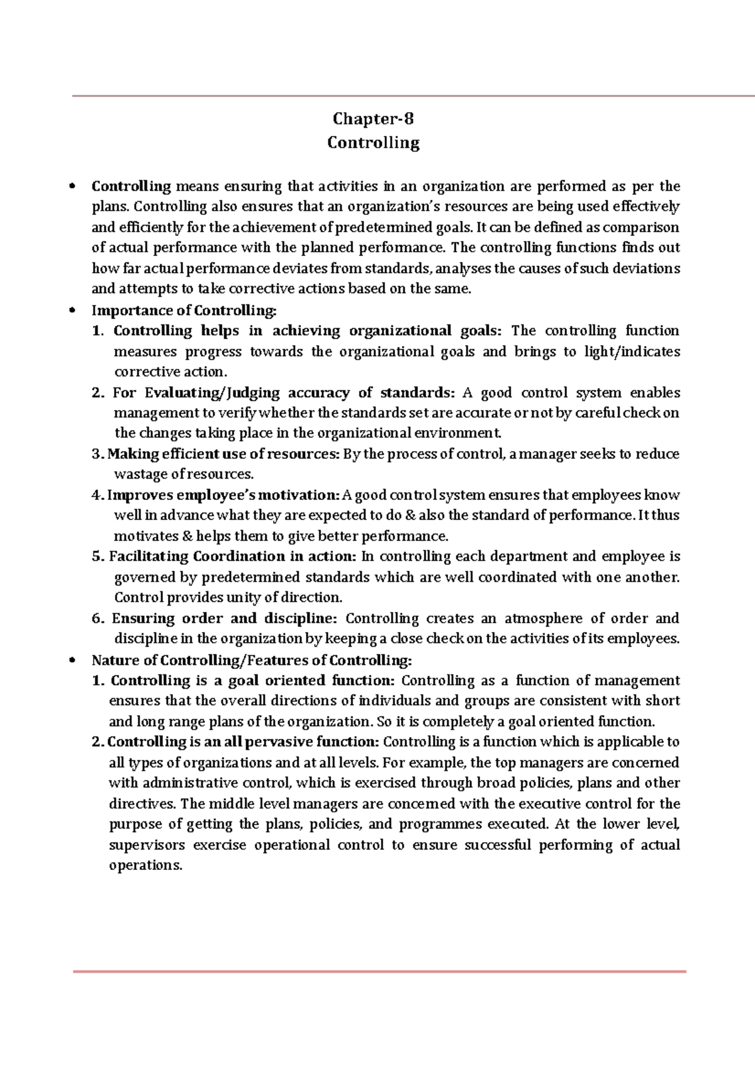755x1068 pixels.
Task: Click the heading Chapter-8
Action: click(x=373, y=119)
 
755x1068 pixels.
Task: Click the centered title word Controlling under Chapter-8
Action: click(x=373, y=143)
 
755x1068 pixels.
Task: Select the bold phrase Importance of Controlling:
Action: click(x=184, y=310)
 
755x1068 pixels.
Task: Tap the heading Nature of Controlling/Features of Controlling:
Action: click(x=252, y=660)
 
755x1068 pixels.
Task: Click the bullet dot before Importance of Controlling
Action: click(x=73, y=311)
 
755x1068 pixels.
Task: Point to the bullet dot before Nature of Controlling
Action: click(x=73, y=660)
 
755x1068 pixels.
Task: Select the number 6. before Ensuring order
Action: click(x=98, y=618)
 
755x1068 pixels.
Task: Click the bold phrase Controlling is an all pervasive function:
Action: click(x=244, y=742)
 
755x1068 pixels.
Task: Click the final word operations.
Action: click(x=145, y=865)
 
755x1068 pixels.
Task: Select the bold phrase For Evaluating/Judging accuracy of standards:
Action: click(x=283, y=393)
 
